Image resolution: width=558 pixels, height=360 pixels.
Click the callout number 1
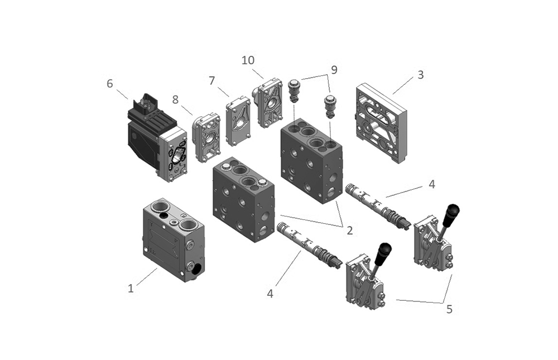[x=131, y=289]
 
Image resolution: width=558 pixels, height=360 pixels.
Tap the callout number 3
[x=420, y=75]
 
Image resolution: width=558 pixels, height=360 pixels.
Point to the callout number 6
[x=110, y=84]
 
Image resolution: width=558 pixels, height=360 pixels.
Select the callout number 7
[x=212, y=80]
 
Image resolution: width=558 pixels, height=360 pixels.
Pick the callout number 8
[x=175, y=100]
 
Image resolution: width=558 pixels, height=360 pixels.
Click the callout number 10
[x=248, y=60]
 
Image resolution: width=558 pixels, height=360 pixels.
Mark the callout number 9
[x=334, y=70]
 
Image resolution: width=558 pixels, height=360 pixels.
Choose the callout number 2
[x=349, y=229]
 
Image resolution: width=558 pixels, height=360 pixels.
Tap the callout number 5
[x=449, y=309]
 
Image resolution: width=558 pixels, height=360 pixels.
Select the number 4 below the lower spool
[x=270, y=293]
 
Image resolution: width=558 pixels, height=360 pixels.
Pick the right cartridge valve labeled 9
[x=330, y=105]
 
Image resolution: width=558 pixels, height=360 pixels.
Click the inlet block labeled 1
[x=173, y=240]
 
